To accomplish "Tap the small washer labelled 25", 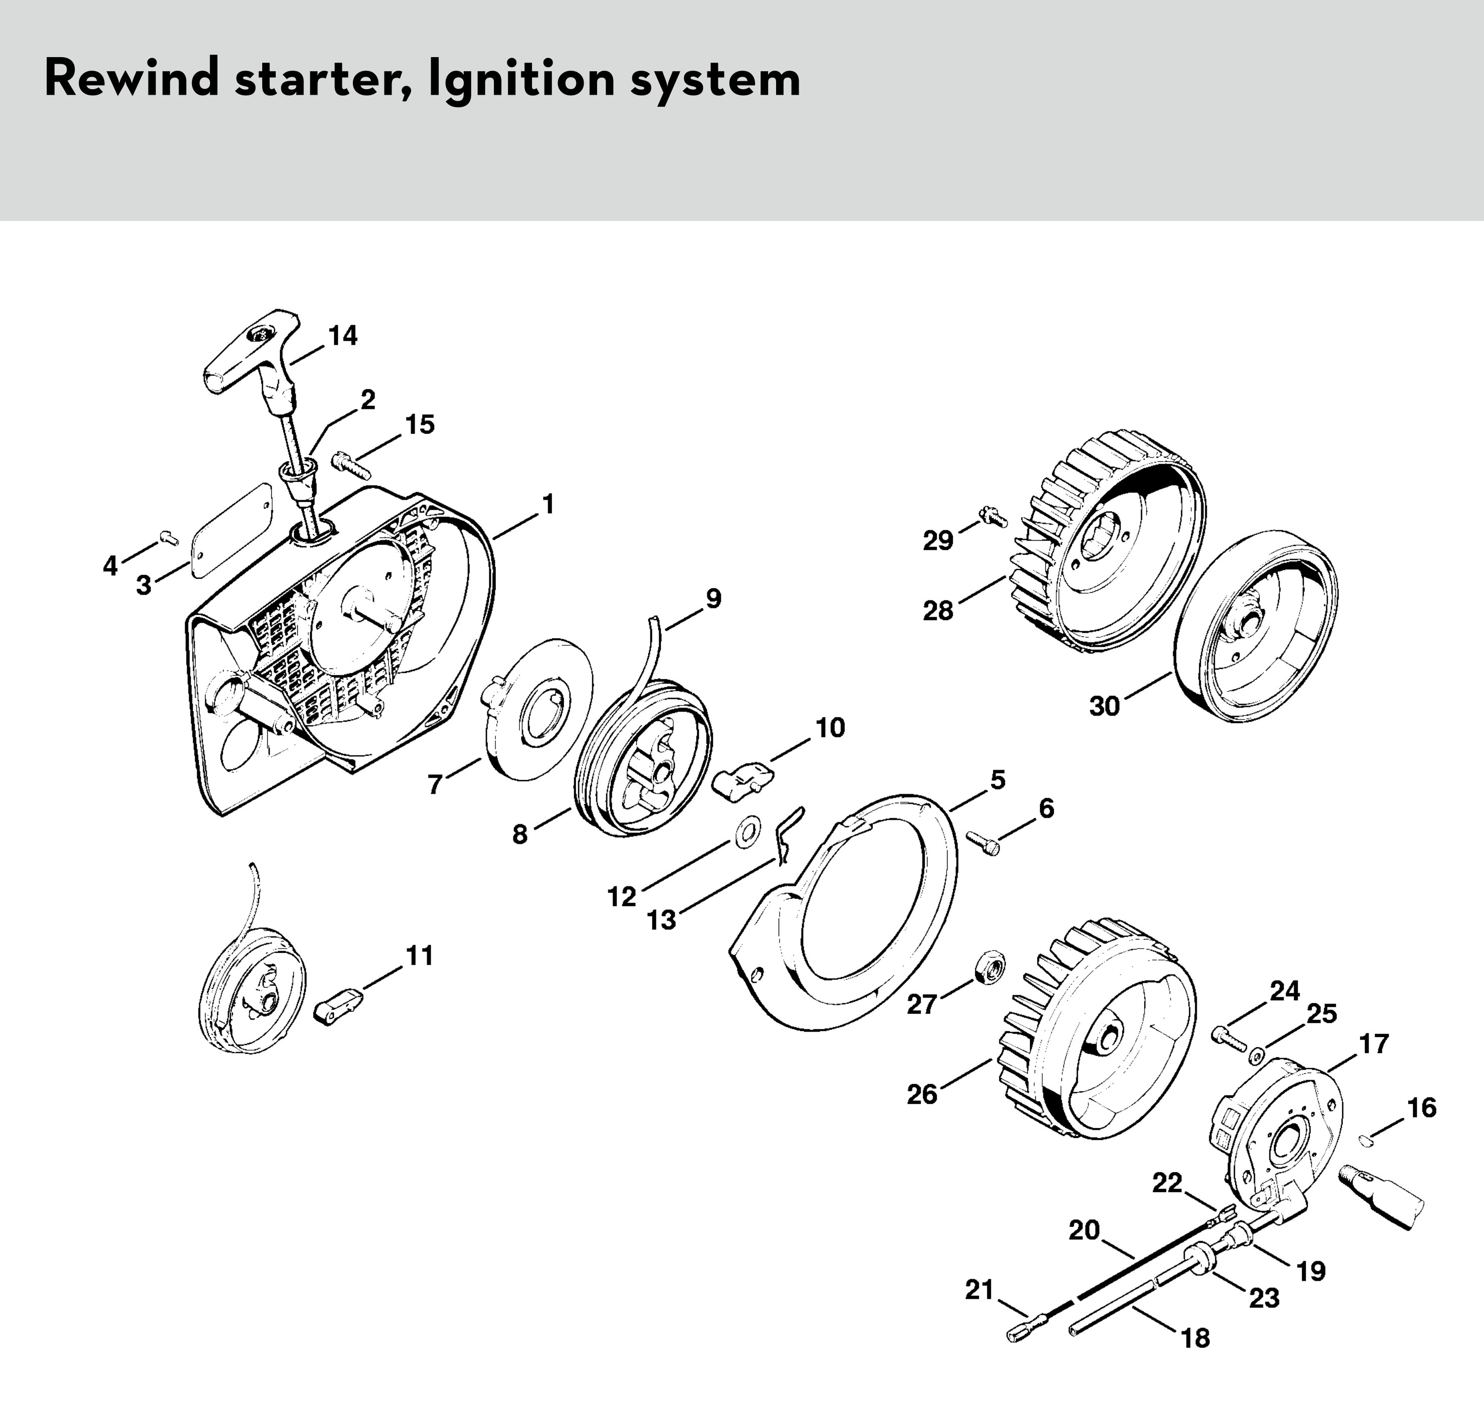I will [1254, 1057].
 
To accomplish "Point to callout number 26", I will [922, 1094].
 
